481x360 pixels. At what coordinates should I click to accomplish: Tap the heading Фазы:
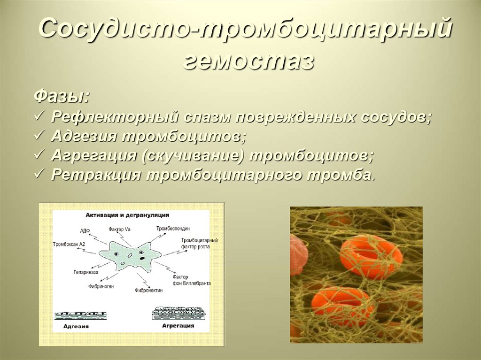(62, 98)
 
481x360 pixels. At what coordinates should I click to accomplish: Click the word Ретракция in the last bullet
(95, 175)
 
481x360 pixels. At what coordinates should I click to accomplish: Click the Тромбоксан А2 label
(69, 244)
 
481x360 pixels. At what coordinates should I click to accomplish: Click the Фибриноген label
(101, 286)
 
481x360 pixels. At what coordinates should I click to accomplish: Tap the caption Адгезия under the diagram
(75, 326)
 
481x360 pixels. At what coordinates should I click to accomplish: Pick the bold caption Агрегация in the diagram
(178, 325)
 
